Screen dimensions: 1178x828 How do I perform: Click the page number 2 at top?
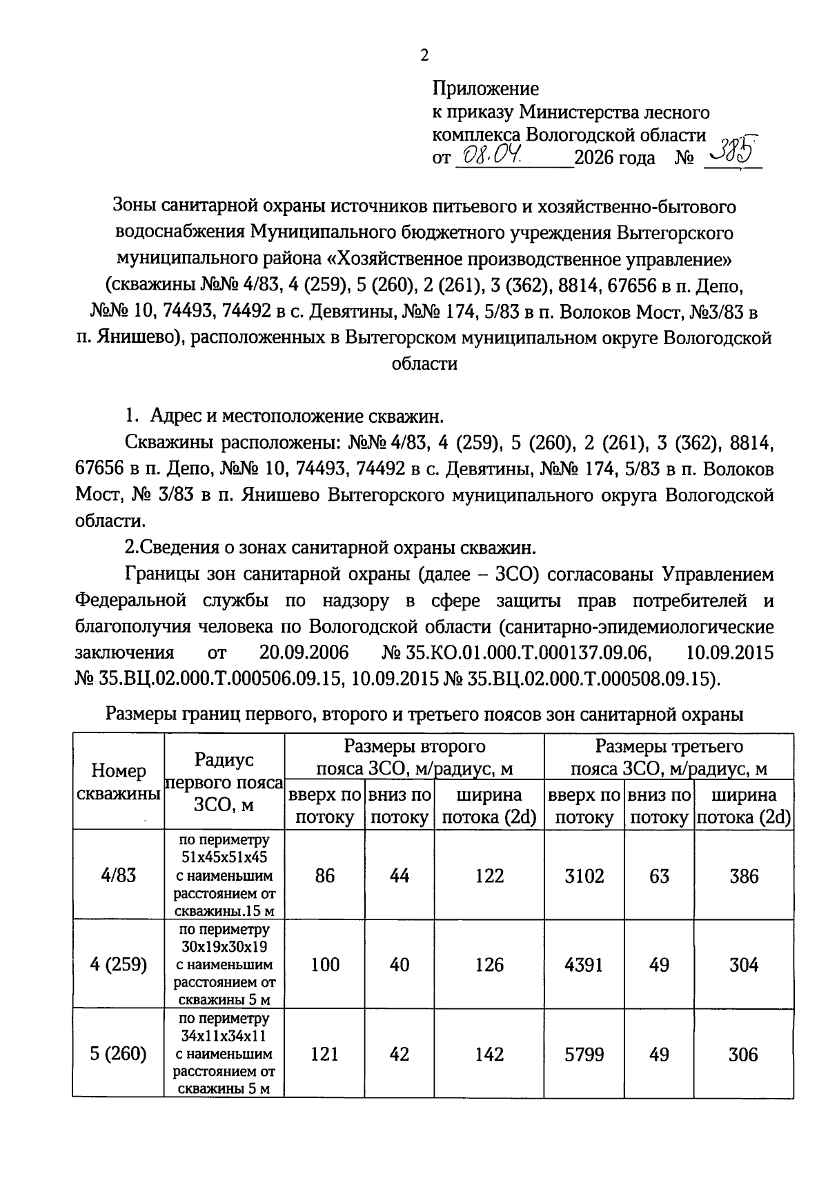click(424, 55)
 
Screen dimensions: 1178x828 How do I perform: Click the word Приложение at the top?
click(485, 88)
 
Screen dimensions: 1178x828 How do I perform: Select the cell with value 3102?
click(584, 876)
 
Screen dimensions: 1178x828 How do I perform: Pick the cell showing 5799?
click(584, 1054)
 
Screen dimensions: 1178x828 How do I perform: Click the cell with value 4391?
click(584, 964)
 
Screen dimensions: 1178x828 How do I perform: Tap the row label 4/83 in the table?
click(118, 876)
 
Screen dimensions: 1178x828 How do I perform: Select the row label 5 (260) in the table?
click(118, 1054)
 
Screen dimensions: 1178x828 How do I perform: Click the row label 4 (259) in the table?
click(118, 964)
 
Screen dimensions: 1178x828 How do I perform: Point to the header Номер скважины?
click(118, 781)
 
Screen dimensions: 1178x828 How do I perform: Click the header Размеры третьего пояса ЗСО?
click(669, 757)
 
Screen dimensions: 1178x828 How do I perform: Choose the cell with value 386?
click(743, 876)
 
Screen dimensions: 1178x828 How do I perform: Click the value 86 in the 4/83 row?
click(324, 876)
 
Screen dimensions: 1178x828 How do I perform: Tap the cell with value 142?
click(489, 1054)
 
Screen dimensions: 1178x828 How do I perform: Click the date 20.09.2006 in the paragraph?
click(304, 652)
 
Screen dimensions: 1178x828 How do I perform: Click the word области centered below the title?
click(424, 364)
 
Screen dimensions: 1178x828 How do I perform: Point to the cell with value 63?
click(659, 876)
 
